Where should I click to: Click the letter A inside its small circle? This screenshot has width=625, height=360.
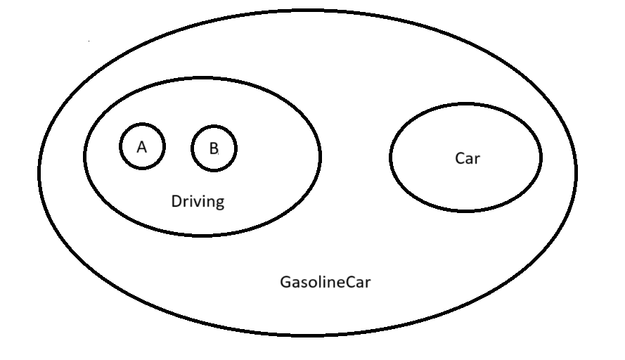tap(142, 147)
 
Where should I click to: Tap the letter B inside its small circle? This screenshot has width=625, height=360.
tap(214, 148)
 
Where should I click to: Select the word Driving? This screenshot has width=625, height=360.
tap(198, 202)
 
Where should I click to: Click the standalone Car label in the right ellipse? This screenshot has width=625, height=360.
tap(468, 158)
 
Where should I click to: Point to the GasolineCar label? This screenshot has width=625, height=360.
tap(326, 283)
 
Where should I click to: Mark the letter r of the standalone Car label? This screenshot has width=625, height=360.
tap(477, 159)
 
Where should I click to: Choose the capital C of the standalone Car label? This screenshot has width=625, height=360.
tap(460, 158)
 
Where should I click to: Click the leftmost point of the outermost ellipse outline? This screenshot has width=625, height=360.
tap(39, 172)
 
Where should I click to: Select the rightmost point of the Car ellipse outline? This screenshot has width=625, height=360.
tap(541, 157)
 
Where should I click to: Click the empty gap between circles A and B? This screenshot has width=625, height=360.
tap(178, 148)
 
